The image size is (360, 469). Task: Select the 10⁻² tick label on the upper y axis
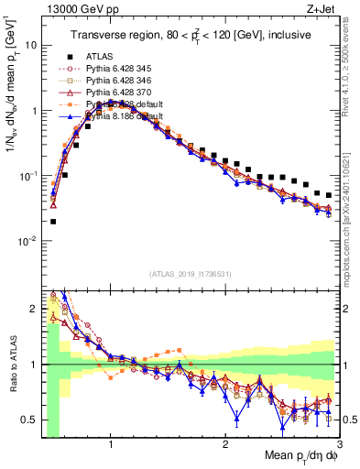[x=27, y=240]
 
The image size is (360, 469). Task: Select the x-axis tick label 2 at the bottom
[x=225, y=444]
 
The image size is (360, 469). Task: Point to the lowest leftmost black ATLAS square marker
[x=53, y=221]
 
